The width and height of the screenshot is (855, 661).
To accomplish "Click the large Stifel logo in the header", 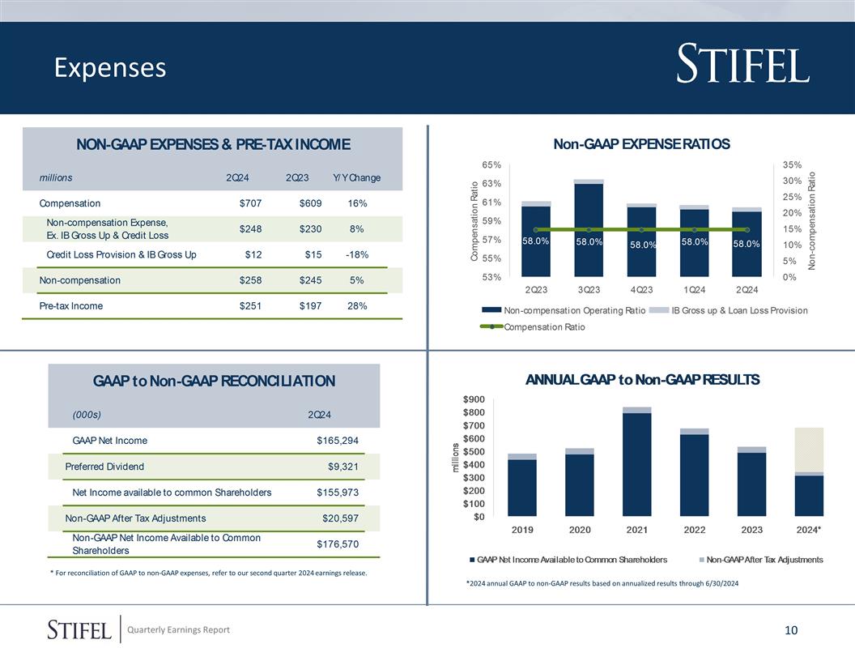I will [x=742, y=66].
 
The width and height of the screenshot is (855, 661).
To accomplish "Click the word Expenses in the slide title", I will [x=110, y=68].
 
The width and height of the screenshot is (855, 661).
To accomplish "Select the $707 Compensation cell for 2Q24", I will [x=250, y=203].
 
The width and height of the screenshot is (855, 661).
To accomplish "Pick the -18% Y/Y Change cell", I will [x=356, y=255].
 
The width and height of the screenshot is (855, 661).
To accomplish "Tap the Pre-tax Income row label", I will [x=71, y=306].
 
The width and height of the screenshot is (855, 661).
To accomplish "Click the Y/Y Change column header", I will [x=356, y=178].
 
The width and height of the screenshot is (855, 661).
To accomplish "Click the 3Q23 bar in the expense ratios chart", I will [x=589, y=231].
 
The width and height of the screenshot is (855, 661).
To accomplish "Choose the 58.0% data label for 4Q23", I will [x=644, y=245].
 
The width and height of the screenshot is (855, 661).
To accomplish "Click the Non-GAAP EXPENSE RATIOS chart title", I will [x=641, y=144].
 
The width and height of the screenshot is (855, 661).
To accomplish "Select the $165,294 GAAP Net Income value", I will [x=337, y=441].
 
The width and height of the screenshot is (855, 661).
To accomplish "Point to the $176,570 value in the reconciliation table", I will [x=337, y=544].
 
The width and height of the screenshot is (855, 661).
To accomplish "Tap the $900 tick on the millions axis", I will [x=474, y=399].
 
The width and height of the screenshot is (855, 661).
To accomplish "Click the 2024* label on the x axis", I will [x=810, y=530].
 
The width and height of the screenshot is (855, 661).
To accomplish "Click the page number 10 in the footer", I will [x=791, y=630].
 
